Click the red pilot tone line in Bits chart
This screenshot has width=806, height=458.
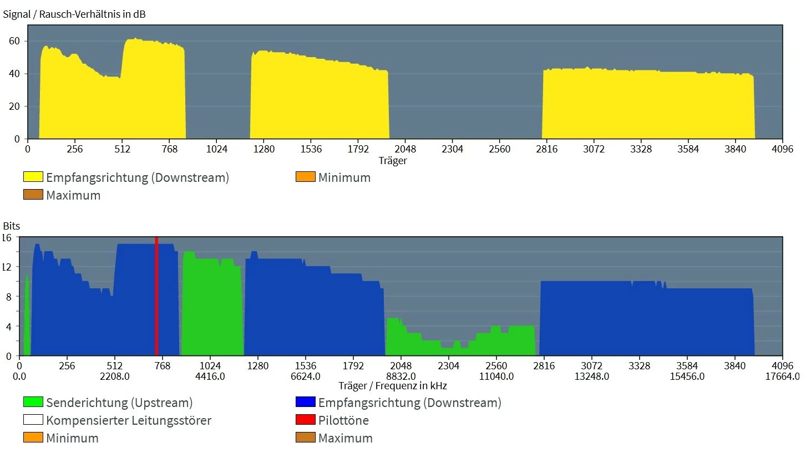tap(156, 297)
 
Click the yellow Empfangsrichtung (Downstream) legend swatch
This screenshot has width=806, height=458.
tap(33, 177)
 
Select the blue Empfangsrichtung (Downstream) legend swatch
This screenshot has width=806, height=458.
tap(306, 403)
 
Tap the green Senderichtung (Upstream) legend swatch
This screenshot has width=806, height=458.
tap(33, 403)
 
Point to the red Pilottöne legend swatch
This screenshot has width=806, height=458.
tap(306, 420)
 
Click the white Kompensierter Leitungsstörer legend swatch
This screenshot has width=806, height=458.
tap(33, 420)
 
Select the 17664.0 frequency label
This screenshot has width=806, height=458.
tap(782, 376)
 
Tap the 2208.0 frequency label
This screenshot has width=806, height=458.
tap(114, 376)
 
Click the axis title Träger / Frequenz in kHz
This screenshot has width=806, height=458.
tap(392, 386)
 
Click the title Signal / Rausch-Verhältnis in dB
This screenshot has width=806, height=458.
tap(74, 14)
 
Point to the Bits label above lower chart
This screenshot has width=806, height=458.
tap(11, 226)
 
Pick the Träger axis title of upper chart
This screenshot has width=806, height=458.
tap(393, 161)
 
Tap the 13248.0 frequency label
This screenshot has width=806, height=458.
tap(592, 376)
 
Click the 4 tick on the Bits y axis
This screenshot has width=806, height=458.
tap(8, 327)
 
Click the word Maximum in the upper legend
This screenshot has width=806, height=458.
tap(73, 195)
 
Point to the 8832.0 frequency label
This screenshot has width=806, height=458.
tap(401, 376)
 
